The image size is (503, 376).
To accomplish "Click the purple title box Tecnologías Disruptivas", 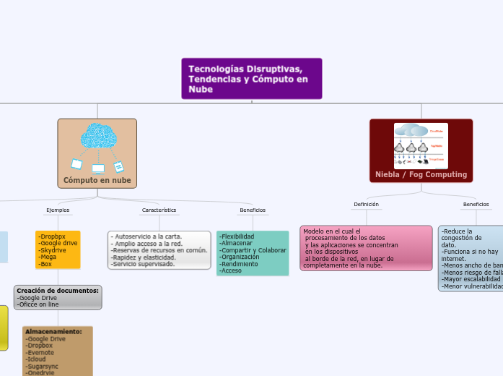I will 251,79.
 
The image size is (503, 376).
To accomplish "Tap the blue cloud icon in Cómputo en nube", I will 98,136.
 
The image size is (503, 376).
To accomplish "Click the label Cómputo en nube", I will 97,180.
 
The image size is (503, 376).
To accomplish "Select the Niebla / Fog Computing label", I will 421,175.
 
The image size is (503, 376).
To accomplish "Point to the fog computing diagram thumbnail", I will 421,146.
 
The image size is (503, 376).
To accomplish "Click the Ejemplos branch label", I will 58,210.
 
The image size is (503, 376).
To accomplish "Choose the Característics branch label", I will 159,210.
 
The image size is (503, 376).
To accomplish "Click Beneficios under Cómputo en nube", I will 253,210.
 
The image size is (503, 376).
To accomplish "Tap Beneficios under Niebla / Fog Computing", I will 476,205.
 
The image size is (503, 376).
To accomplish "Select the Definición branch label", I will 366,205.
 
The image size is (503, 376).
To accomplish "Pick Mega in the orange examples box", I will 48,257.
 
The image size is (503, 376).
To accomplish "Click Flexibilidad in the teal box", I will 237,236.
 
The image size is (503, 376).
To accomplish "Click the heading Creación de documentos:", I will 58,291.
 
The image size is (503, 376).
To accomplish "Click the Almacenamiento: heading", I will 53,332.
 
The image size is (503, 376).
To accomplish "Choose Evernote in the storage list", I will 42,352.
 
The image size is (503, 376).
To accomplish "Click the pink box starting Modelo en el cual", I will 366,248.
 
